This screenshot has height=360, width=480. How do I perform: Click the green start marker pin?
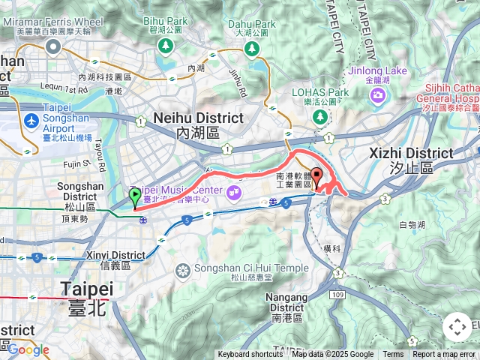point(135,198)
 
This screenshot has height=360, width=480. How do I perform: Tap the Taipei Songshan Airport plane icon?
point(31,121)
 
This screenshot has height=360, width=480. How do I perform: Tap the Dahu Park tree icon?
point(252,49)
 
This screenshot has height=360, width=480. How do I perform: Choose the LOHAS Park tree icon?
point(320,117)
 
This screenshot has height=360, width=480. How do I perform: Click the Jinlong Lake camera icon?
point(377,95)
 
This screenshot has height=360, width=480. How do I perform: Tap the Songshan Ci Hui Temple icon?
point(182,270)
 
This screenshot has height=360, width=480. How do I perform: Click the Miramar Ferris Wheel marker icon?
point(53,47)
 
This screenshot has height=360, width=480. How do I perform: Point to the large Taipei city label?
point(87,289)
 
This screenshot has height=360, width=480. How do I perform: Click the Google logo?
point(28,349)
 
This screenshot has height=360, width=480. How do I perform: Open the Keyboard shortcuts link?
point(250,355)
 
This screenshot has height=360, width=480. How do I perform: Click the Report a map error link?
point(444,355)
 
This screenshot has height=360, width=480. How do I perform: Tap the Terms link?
point(393,355)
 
